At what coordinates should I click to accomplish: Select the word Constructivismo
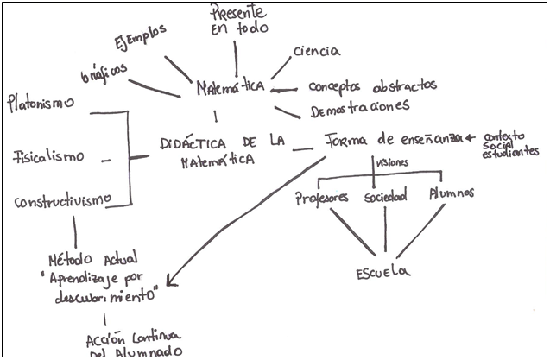pos(63,201)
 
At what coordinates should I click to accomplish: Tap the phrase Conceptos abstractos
pos(372,86)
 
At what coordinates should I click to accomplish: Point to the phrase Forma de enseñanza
pos(392,140)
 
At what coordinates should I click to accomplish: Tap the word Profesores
pos(322,198)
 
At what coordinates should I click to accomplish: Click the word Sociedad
pos(385,198)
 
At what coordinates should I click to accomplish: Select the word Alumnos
pos(452,193)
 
